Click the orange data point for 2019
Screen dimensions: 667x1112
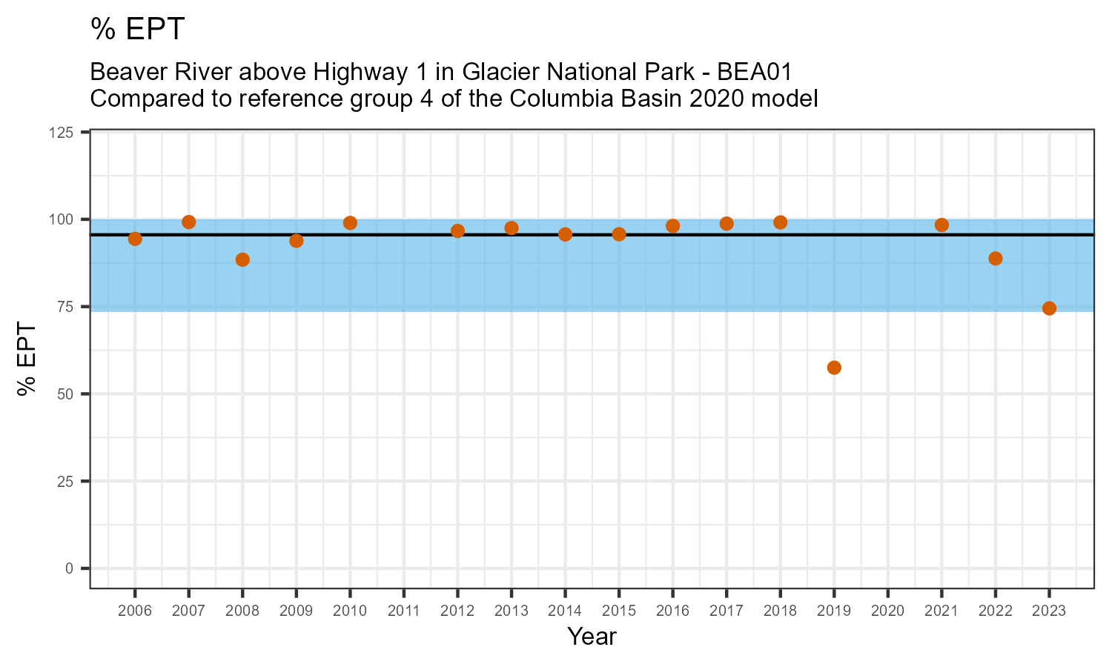(x=834, y=368)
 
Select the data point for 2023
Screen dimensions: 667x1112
(x=1049, y=308)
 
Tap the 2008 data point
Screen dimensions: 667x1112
(x=242, y=259)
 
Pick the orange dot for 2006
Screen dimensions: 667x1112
(x=135, y=239)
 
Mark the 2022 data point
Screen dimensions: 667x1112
(x=996, y=259)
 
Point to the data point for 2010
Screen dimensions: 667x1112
(x=350, y=223)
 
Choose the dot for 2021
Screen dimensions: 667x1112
(x=941, y=225)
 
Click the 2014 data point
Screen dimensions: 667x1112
(x=565, y=234)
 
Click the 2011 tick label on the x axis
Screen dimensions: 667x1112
(x=403, y=611)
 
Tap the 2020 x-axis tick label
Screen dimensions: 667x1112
(x=887, y=611)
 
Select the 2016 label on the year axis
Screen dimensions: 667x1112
(x=672, y=611)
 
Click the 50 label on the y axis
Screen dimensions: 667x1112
(x=68, y=394)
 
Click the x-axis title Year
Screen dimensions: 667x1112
(x=592, y=637)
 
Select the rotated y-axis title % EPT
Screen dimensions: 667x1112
(x=28, y=359)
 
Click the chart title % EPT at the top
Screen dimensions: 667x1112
(x=137, y=30)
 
